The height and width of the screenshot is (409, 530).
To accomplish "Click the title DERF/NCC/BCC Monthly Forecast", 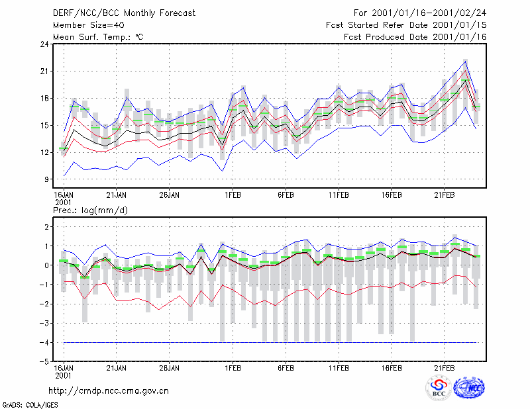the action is click(x=124, y=13).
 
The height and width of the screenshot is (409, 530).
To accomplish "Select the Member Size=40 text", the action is click(x=89, y=25).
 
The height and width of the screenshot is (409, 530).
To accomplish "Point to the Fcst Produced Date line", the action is click(x=415, y=37).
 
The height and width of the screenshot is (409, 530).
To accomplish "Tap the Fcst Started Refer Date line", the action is click(x=406, y=25).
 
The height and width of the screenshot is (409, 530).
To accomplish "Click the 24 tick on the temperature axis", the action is click(x=44, y=44).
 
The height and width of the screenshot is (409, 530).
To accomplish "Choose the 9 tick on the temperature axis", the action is click(x=46, y=179).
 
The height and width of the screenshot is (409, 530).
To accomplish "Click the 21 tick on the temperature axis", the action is click(x=44, y=71).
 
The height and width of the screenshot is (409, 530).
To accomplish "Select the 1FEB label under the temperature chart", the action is click(x=233, y=195).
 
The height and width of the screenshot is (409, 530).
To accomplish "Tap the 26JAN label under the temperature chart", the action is click(x=169, y=195).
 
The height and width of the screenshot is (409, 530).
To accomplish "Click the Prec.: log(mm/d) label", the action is click(x=90, y=210).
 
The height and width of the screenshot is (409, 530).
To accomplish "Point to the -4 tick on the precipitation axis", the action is click(x=44, y=342).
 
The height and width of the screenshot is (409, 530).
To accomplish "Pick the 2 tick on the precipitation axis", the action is click(x=46, y=226).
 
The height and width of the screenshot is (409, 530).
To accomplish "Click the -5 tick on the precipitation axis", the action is click(x=44, y=362).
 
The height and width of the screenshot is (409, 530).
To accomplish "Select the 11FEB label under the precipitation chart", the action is click(x=339, y=368).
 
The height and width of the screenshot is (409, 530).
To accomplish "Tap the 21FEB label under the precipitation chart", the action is click(x=444, y=368).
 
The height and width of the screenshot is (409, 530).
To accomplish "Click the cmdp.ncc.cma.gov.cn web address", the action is click(x=109, y=391).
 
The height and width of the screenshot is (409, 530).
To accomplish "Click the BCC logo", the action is click(x=439, y=388).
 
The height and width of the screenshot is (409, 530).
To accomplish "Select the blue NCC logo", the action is click(x=469, y=388).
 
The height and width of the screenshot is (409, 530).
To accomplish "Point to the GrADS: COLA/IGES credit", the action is click(x=30, y=405).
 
